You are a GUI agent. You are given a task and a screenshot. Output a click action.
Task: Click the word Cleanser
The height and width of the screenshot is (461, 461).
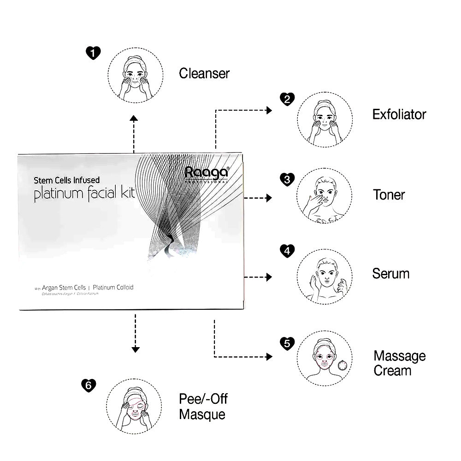point(204,73)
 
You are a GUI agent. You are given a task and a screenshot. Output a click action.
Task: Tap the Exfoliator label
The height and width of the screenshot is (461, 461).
point(399,114)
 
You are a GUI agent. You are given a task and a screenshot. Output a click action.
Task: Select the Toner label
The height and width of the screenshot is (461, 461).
point(389,195)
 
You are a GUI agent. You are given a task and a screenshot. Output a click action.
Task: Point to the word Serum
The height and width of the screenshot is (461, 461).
point(390,273)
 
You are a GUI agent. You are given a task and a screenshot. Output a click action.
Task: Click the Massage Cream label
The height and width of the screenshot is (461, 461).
point(399,363)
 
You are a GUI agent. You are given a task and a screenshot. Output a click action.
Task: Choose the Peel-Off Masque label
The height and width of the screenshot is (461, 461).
point(203,406)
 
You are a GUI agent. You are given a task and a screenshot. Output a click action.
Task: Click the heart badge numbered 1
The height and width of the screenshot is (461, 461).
point(94,53)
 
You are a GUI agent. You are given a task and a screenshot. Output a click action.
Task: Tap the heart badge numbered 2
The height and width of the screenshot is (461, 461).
point(287,99)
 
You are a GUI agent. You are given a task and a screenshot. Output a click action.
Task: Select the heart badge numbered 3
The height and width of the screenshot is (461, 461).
point(287,179)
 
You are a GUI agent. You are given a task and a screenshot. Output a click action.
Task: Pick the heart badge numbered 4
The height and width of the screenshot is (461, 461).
point(287,251)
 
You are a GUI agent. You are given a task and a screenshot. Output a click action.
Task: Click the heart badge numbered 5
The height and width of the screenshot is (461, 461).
point(287,343)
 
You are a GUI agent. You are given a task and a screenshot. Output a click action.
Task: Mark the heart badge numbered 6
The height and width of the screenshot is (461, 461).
point(88,385)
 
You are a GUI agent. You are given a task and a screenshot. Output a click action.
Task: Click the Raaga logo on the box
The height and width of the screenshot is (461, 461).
point(206,173)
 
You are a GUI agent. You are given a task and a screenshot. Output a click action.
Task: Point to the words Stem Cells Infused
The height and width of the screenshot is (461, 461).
point(66,181)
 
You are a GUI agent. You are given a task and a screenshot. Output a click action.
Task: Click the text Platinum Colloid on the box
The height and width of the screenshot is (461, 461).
point(113,287)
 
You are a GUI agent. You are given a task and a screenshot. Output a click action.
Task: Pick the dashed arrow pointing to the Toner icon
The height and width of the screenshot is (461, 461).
point(257,198)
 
